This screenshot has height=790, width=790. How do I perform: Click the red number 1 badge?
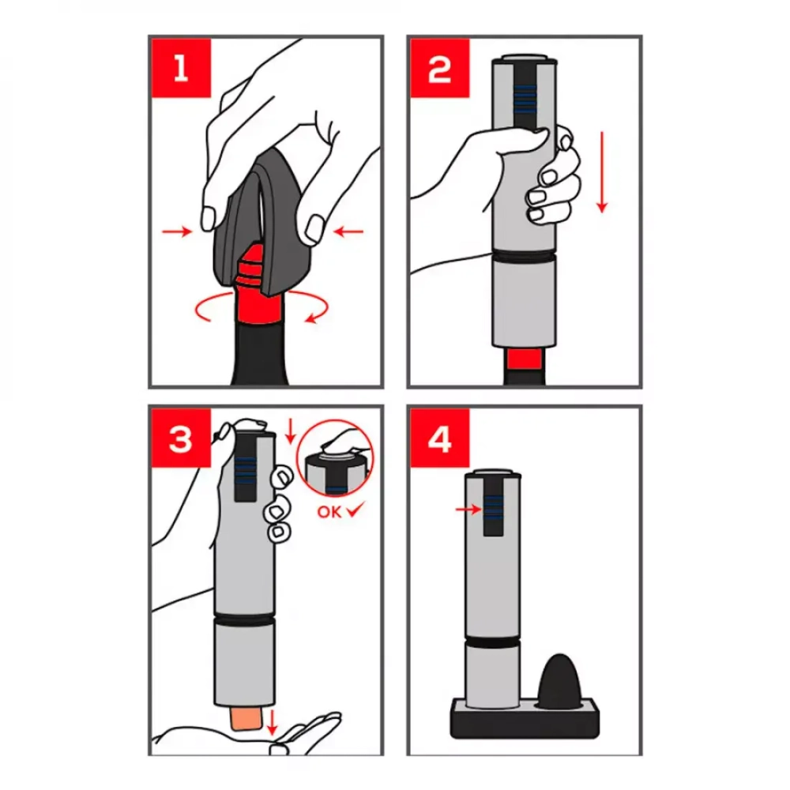coord(181,68)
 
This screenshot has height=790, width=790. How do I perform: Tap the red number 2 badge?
coord(440,68)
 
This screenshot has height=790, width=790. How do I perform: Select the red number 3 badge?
coord(181,438)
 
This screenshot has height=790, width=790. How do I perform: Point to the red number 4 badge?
coord(440,438)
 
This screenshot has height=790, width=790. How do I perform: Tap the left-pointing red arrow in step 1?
coord(348,231)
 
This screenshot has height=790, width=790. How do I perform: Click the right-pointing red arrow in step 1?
coord(177,231)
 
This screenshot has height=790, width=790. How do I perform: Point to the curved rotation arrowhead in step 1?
coord(311,318)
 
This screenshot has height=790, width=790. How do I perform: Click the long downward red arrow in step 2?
coord(601,171)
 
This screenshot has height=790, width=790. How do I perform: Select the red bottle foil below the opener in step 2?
coord(524,359)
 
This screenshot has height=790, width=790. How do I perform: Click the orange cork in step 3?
coord(246,717)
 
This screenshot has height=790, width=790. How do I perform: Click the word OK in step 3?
coord(329,512)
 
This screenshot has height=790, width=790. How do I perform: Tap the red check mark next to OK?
coord(355,510)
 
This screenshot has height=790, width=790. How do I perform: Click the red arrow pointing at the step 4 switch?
coord(468,510)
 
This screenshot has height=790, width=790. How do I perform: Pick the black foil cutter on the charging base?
coord(560,682)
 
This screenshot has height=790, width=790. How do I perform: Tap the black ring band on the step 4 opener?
coord(493,641)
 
